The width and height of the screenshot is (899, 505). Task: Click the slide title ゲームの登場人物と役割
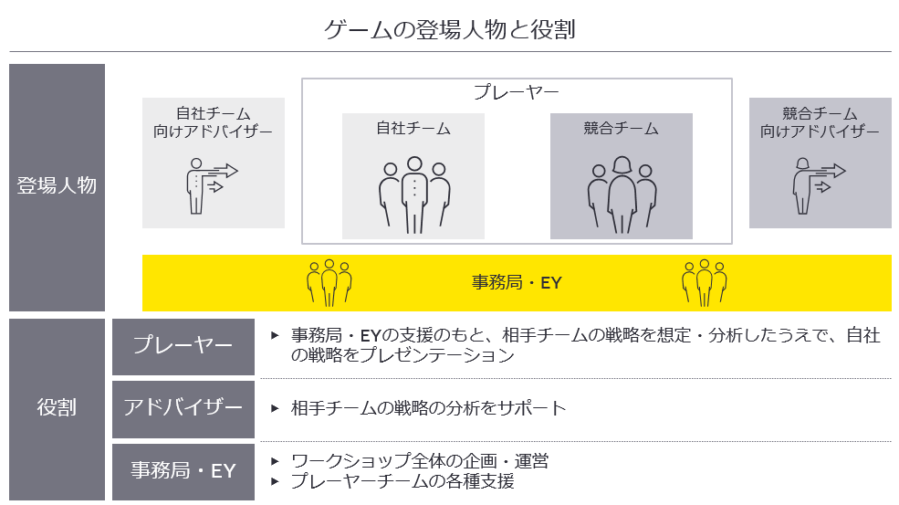pos(449,29)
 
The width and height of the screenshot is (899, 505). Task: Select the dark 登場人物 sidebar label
pos(57,186)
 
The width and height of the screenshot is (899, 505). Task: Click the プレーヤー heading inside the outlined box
pos(516,93)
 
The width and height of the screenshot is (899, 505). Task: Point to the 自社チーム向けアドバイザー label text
pos(213,122)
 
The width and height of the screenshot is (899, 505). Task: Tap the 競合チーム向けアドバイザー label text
pos(820,122)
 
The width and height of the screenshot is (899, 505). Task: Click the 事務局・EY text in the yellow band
pos(517,283)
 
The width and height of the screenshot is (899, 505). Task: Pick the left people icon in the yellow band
pos(329,282)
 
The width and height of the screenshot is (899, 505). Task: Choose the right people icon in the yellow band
pos(704,282)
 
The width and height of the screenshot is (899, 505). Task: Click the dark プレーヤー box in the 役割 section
pos(183,346)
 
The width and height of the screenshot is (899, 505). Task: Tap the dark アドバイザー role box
pos(183,407)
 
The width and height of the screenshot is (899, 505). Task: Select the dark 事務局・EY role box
pos(183,471)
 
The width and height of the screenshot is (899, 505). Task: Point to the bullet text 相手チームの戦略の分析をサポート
pos(429,407)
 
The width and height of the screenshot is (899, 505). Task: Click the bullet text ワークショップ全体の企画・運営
pos(420,461)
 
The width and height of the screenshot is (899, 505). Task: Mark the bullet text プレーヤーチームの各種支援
pos(402,481)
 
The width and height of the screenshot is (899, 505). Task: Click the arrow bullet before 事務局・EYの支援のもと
pos(275,335)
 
